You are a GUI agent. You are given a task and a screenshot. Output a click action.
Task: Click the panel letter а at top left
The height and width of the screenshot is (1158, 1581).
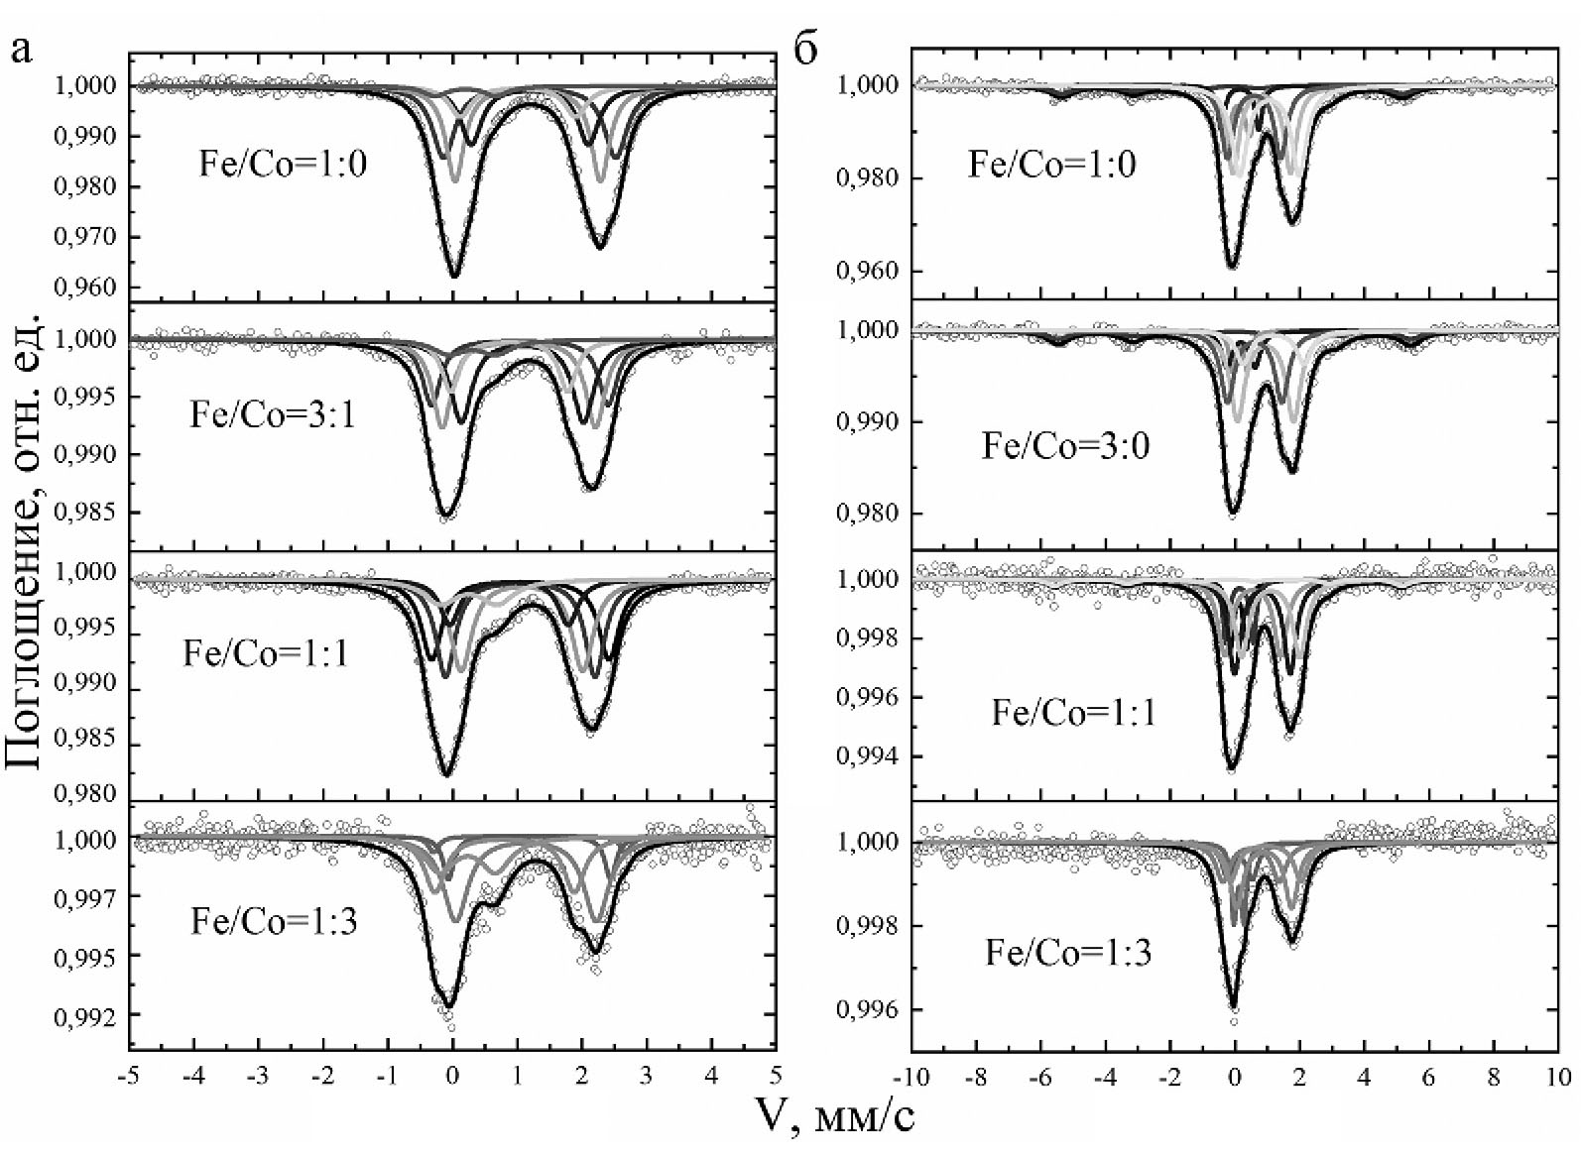pyautogui.click(x=21, y=49)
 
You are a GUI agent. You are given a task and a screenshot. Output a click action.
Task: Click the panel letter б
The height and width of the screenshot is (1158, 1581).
pyautogui.click(x=807, y=49)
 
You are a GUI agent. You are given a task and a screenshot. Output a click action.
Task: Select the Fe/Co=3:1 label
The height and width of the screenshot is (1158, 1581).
pyautogui.click(x=273, y=414)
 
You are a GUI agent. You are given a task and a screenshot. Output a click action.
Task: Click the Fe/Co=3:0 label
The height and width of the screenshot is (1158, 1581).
pyautogui.click(x=1065, y=446)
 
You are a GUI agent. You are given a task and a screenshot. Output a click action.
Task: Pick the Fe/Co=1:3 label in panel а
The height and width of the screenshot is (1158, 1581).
pyautogui.click(x=274, y=922)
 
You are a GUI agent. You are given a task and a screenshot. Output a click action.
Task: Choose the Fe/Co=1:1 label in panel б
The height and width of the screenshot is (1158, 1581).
pyautogui.click(x=1074, y=713)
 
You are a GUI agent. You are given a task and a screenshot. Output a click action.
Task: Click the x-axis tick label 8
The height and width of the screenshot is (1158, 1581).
pyautogui.click(x=1494, y=1077)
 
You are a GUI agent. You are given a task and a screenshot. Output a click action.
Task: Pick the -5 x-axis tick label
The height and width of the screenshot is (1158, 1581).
pyautogui.click(x=128, y=1077)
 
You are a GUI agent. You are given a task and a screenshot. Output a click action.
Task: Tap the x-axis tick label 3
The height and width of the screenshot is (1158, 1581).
pyautogui.click(x=648, y=1077)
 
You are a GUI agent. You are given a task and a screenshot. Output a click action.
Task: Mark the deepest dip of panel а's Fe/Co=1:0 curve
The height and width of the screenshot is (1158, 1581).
pyautogui.click(x=453, y=277)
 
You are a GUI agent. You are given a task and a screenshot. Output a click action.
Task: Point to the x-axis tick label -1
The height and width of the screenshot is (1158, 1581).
pyautogui.click(x=387, y=1077)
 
